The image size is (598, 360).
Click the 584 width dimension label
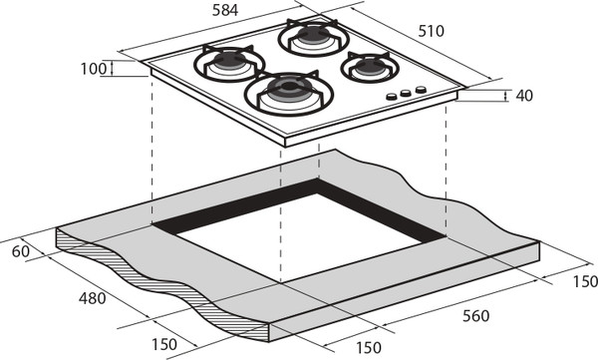pyautogui.click(x=225, y=10)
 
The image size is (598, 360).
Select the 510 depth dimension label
pyautogui.click(x=431, y=31)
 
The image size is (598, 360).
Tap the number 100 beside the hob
pyautogui.click(x=94, y=69)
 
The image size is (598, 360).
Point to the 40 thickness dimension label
pyautogui.click(x=524, y=96)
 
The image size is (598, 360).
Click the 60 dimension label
pyautogui.click(x=21, y=251)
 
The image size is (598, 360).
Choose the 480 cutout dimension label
pyautogui.click(x=93, y=298)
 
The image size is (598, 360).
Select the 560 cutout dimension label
pyautogui.click(x=475, y=316)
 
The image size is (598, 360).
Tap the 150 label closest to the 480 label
pyautogui.click(x=164, y=344)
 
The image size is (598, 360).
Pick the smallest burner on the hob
pyautogui.click(x=370, y=68)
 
